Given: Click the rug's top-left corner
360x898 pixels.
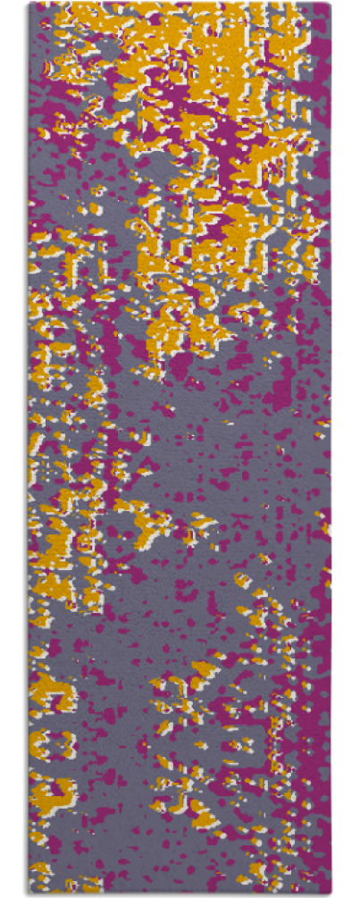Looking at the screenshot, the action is pos(29,4).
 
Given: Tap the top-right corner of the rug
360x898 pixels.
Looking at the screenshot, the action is pos(331,4).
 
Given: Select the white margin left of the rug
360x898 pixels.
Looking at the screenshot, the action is pos(13,447).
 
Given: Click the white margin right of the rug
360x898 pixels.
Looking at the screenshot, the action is pos(347,447).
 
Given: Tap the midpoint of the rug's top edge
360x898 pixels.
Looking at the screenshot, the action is pos(180,4).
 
